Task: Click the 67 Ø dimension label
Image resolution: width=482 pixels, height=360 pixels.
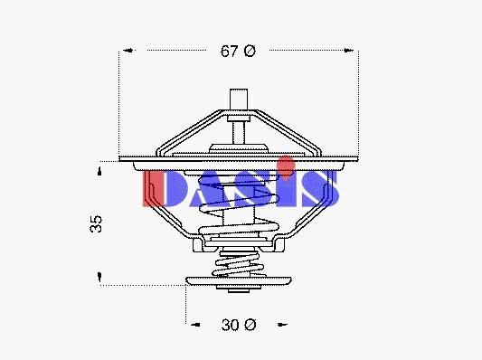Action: point(238,51)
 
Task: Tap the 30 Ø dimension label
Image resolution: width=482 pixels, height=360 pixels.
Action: point(239,325)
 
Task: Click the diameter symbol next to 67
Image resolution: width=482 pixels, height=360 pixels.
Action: point(250,51)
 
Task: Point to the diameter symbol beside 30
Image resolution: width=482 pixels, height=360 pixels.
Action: point(250,325)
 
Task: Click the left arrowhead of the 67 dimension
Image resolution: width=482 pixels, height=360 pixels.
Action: point(128,50)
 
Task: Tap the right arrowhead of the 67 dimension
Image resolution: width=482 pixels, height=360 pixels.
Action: point(348,50)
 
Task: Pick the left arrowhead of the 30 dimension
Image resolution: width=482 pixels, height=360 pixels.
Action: point(195,325)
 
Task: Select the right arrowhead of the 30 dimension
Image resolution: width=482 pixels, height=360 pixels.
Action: point(282,325)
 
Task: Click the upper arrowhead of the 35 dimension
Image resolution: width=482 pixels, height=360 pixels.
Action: point(99,172)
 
